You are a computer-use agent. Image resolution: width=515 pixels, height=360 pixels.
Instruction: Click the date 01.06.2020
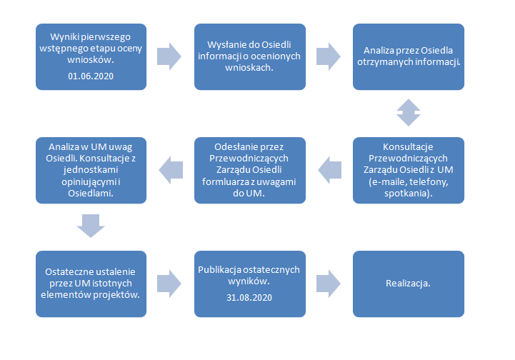pyautogui.click(x=91, y=76)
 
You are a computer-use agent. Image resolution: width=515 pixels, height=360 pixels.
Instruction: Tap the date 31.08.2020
pyautogui.click(x=249, y=298)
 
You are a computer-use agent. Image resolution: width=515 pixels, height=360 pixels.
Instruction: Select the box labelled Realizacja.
pyautogui.click(x=409, y=284)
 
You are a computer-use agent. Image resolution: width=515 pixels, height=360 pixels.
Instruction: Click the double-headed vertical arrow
pyautogui.click(x=409, y=113)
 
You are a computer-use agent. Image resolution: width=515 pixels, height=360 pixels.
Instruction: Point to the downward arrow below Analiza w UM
pyautogui.click(x=91, y=226)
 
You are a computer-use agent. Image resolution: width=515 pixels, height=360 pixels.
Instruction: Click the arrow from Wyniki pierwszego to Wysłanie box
pyautogui.click(x=169, y=56)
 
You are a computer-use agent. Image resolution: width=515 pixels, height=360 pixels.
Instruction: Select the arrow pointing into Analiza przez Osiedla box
pyautogui.click(x=328, y=56)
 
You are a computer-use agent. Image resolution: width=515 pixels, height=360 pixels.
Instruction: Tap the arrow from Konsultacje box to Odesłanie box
pyautogui.click(x=330, y=170)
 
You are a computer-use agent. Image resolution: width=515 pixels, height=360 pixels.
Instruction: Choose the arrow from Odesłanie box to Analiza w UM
pyautogui.click(x=171, y=170)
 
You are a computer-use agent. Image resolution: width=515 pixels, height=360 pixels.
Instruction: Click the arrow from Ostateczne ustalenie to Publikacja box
pyautogui.click(x=169, y=284)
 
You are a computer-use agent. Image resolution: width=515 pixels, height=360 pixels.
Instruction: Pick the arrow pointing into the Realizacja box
pyautogui.click(x=328, y=284)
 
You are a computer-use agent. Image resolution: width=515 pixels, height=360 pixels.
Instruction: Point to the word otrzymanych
pyautogui.click(x=380, y=61)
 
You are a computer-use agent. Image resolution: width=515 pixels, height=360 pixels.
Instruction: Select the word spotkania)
pyautogui.click(x=409, y=193)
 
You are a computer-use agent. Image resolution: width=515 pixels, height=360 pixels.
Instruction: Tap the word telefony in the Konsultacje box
pyautogui.click(x=429, y=182)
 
